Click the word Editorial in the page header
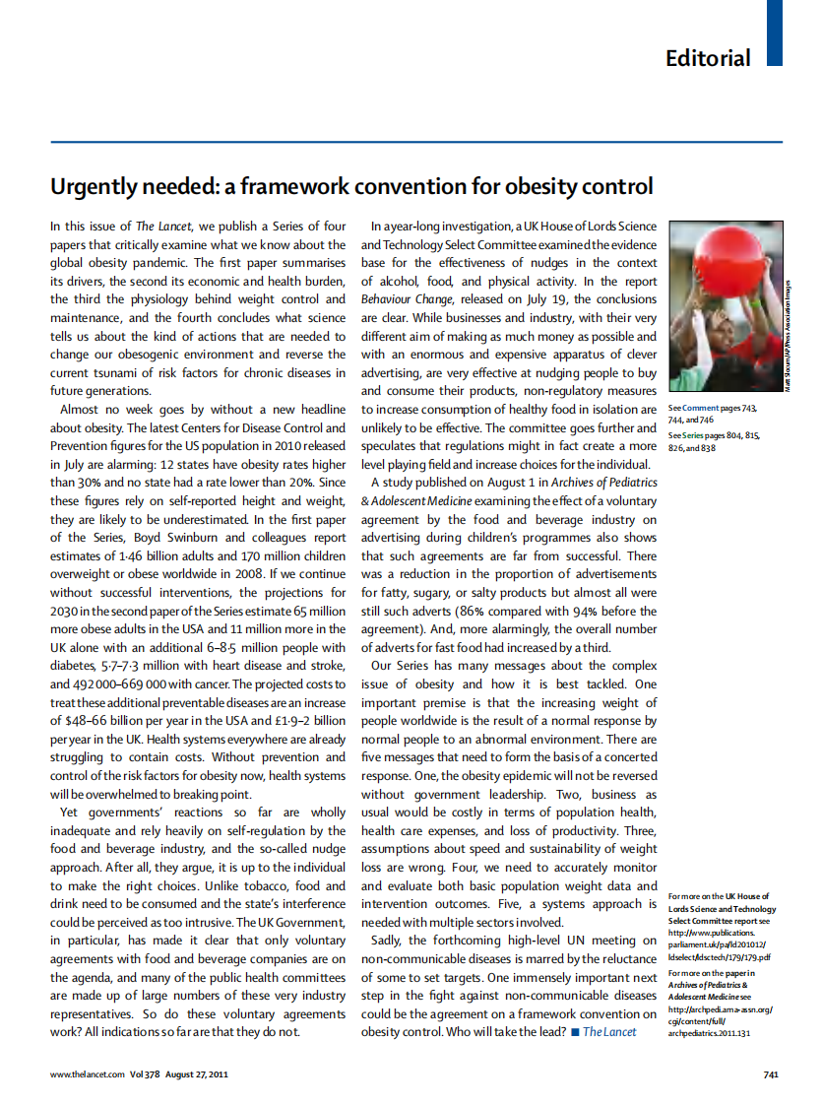(707, 57)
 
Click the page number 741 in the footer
(771, 1074)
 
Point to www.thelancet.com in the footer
(88, 1074)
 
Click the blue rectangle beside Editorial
(775, 32)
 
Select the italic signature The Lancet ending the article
(609, 1031)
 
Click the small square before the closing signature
(575, 1032)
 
